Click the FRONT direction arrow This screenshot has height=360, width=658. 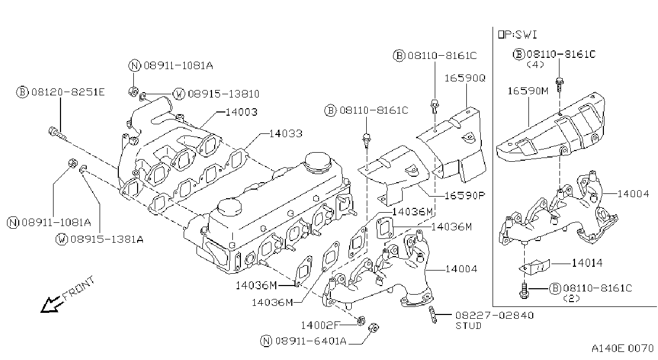click(51, 304)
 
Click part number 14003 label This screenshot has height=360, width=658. click(241, 112)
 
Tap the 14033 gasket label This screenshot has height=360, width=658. click(286, 134)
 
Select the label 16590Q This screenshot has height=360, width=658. click(465, 78)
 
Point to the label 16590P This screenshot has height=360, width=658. click(464, 196)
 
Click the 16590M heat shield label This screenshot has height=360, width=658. click(528, 91)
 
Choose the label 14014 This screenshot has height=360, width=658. click(587, 263)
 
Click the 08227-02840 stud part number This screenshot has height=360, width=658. click(495, 316)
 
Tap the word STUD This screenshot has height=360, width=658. click(468, 326)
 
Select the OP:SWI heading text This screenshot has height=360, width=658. click(518, 35)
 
